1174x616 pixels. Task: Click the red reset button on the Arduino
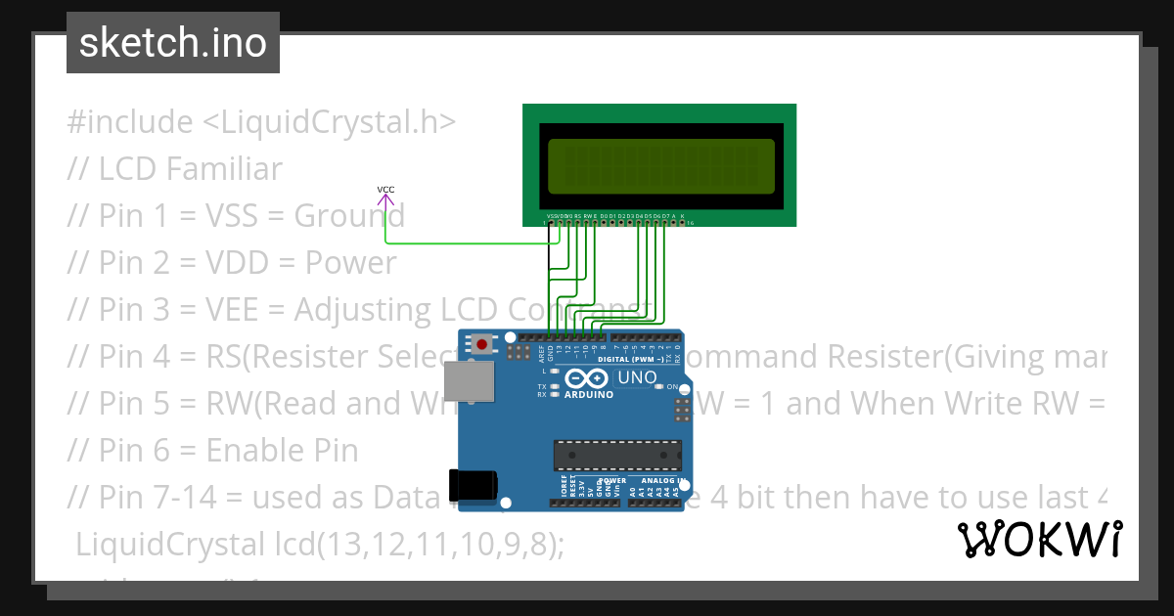point(481,343)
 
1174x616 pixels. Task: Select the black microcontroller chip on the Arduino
point(616,456)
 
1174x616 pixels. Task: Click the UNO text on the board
point(636,377)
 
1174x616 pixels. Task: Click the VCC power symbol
point(385,200)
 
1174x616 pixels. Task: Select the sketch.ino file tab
point(173,43)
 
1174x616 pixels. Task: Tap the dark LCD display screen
point(659,165)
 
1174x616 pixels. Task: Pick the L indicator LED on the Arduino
point(555,372)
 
